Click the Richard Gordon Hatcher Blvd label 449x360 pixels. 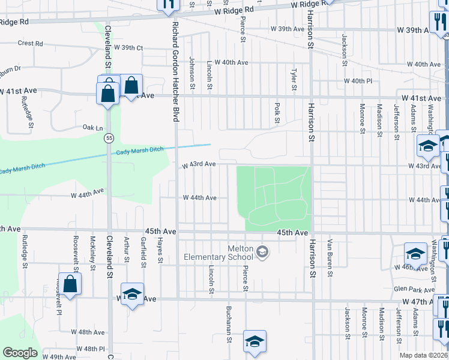pyautogui.click(x=176, y=72)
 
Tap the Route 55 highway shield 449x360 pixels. pyautogui.click(x=108, y=138)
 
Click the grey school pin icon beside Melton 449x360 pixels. pyautogui.click(x=262, y=252)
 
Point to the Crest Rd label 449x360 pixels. pyautogui.click(x=31, y=43)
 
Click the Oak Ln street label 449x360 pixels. pyautogui.click(x=93, y=128)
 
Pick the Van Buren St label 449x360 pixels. pyautogui.click(x=330, y=258)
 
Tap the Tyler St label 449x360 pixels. pyautogui.click(x=294, y=79)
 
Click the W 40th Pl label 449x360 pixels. pyautogui.click(x=358, y=81)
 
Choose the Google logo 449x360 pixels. pyautogui.click(x=20, y=353)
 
